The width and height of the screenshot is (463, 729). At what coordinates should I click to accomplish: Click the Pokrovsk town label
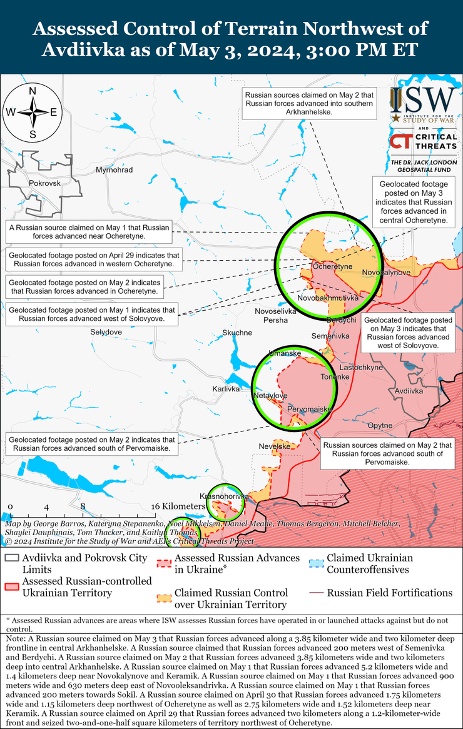pos(44,183)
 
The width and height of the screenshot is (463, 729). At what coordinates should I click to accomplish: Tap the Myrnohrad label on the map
pos(114,170)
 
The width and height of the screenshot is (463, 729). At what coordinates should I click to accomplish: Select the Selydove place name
pos(106,331)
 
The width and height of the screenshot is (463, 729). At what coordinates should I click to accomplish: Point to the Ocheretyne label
pos(332,267)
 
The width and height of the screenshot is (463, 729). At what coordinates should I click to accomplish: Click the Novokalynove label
pos(386,273)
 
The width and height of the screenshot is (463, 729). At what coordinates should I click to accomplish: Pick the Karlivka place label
pos(226,389)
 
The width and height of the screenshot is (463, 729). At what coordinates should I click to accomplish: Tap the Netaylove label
pos(270,396)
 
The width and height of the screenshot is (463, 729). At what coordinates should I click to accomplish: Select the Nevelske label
pos(275,446)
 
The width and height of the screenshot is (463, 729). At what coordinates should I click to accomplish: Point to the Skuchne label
pos(238,333)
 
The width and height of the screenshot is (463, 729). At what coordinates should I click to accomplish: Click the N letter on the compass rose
pos(33,91)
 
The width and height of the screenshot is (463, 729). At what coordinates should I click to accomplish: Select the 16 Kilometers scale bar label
pos(178,506)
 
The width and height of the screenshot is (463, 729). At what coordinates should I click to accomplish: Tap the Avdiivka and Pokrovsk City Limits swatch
pos(11,558)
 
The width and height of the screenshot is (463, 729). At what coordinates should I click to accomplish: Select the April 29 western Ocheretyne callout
pos(94,260)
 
